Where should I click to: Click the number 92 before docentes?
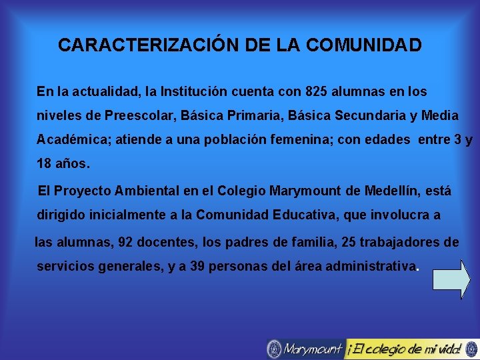[125, 242]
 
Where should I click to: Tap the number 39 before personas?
[197, 266]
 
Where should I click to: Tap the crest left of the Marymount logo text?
[274, 348]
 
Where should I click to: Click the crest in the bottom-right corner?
[471, 348]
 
